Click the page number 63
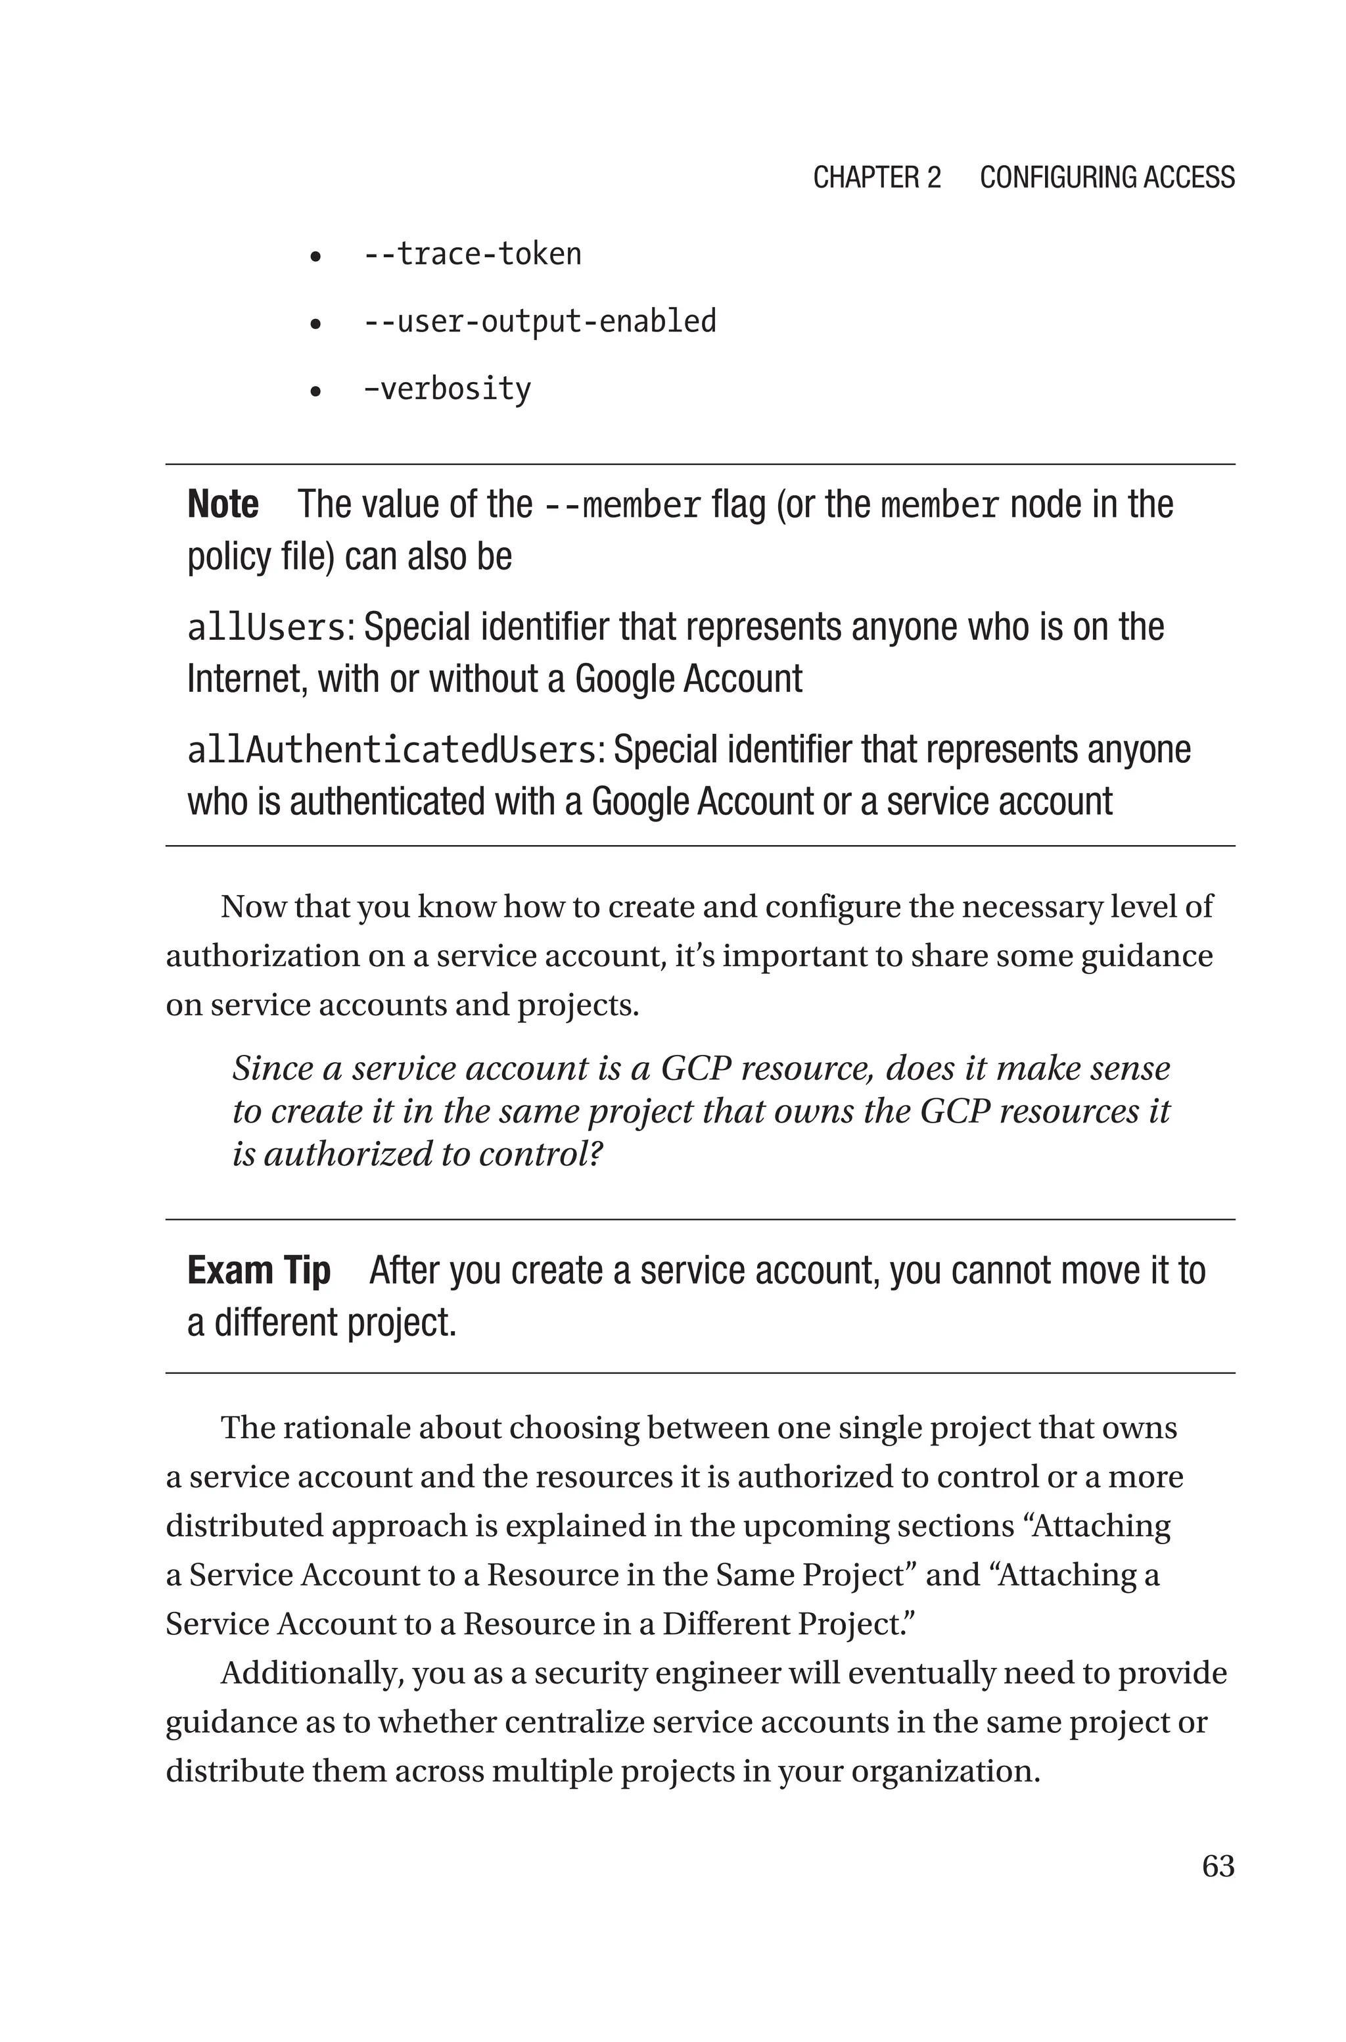pyautogui.click(x=1217, y=1865)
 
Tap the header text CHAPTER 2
pyautogui.click(x=877, y=178)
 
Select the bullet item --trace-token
pyautogui.click(x=472, y=254)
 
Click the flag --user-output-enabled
pyautogui.click(x=540, y=321)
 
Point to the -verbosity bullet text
pyautogui.click(x=447, y=389)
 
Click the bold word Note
pyautogui.click(x=222, y=504)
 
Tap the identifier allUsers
pyautogui.click(x=266, y=627)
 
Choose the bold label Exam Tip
pyautogui.click(x=258, y=1271)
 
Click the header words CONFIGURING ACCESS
pyautogui.click(x=1107, y=178)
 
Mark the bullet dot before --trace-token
pyautogui.click(x=316, y=256)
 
